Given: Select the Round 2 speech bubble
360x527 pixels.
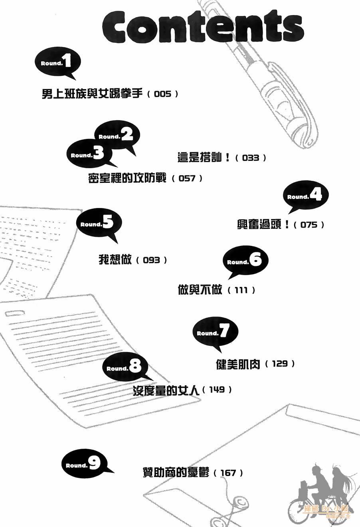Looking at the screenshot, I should pyautogui.click(x=117, y=137).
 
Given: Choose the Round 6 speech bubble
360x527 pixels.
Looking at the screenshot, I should pyautogui.click(x=245, y=261).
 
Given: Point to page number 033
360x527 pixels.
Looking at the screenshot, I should pyautogui.click(x=251, y=158).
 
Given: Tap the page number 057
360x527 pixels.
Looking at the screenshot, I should pyautogui.click(x=187, y=179).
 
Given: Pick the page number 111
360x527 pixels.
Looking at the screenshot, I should pyautogui.click(x=241, y=290).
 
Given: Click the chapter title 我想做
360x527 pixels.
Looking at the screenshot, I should pyautogui.click(x=115, y=260).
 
